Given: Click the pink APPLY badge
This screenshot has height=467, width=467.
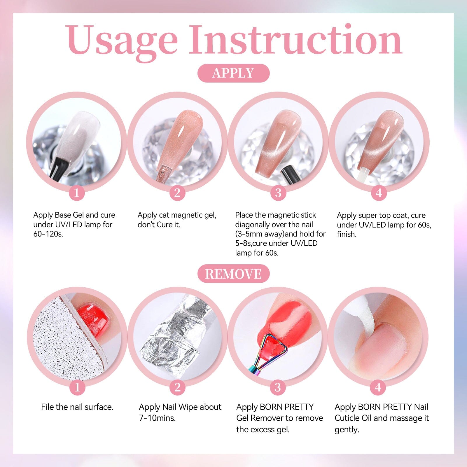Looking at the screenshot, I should pyautogui.click(x=233, y=73).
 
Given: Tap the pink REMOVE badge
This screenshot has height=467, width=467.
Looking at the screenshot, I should pyautogui.click(x=233, y=274).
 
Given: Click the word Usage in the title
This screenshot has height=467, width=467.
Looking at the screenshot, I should pyautogui.click(x=122, y=41).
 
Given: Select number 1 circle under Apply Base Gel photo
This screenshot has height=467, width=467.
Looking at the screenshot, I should pyautogui.click(x=77, y=193).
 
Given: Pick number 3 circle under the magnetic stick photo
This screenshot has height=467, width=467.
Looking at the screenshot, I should pyautogui.click(x=278, y=193).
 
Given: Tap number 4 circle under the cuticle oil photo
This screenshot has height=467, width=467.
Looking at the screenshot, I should pyautogui.click(x=378, y=387).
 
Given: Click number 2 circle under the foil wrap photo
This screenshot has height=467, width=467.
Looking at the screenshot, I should pyautogui.click(x=177, y=387).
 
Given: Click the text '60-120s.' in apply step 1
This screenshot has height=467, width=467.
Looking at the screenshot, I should pyautogui.click(x=48, y=234).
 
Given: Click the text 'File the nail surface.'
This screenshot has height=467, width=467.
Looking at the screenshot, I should pyautogui.click(x=77, y=407).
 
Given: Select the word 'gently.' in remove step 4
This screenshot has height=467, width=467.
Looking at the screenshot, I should pyautogui.click(x=347, y=429).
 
